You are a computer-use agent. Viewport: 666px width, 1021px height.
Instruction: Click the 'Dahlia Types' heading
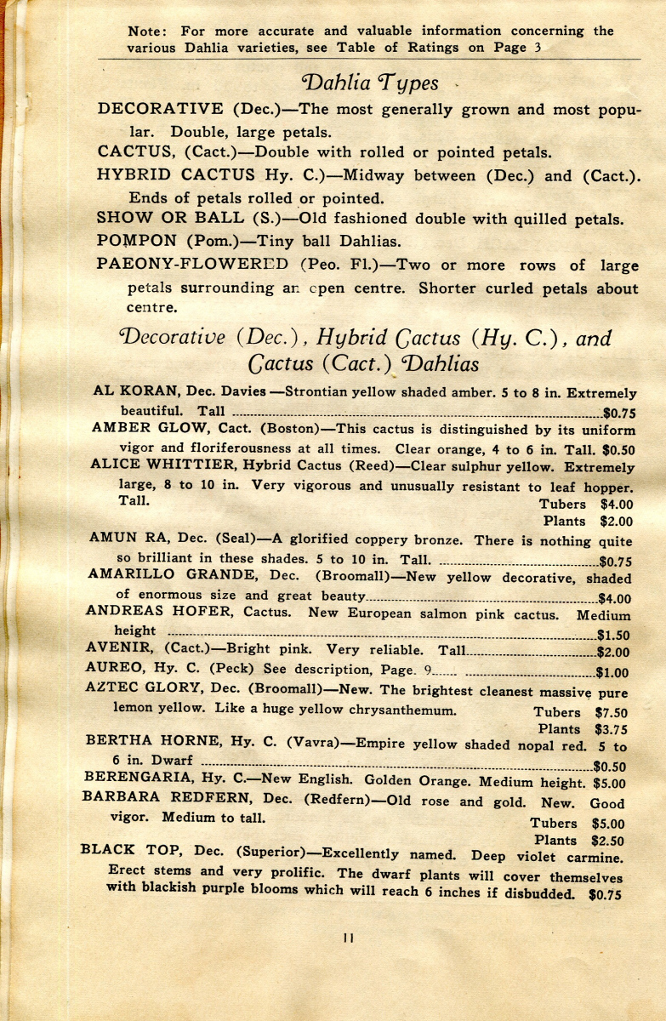pos(370,83)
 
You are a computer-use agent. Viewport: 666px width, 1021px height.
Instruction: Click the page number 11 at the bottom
pos(348,938)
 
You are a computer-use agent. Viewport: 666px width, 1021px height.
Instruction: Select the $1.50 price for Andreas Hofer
pos(612,634)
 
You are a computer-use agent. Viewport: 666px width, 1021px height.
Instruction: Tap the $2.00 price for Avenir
pos(612,653)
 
